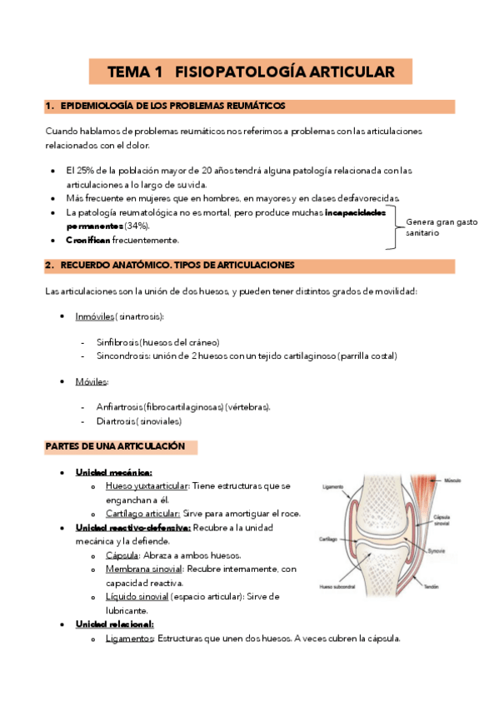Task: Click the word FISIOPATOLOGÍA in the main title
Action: click(227, 72)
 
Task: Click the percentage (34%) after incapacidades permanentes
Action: click(137, 226)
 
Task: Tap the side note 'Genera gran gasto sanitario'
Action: click(441, 227)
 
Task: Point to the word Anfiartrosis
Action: click(118, 406)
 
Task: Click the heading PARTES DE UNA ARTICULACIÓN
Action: click(115, 447)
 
